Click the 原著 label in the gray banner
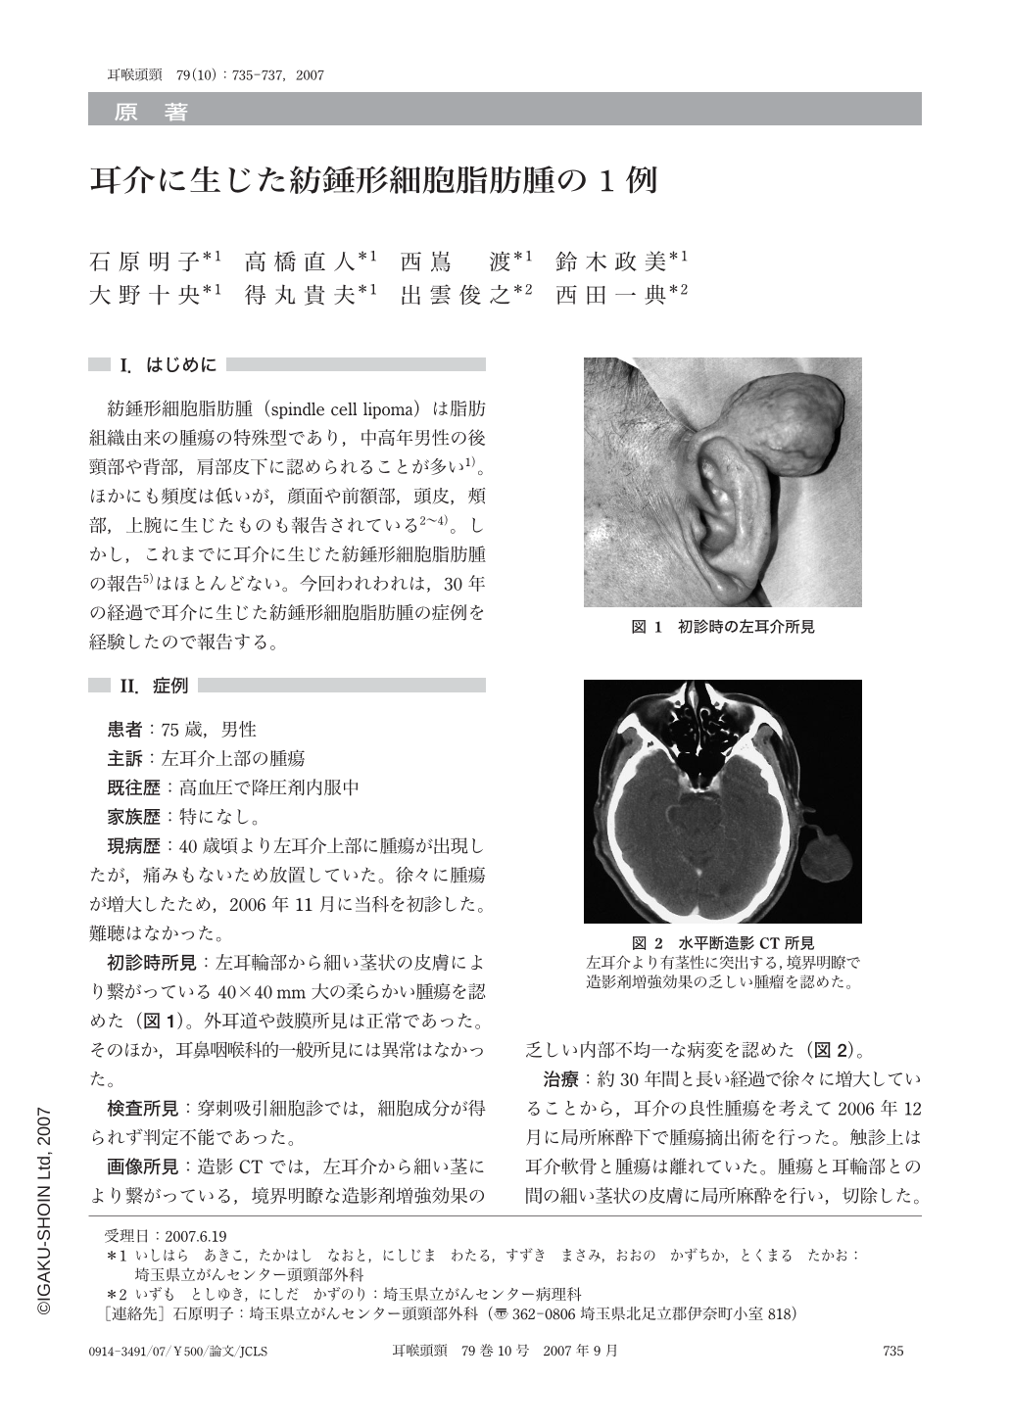pyautogui.click(x=152, y=113)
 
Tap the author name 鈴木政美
pyautogui.click(x=615, y=262)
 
